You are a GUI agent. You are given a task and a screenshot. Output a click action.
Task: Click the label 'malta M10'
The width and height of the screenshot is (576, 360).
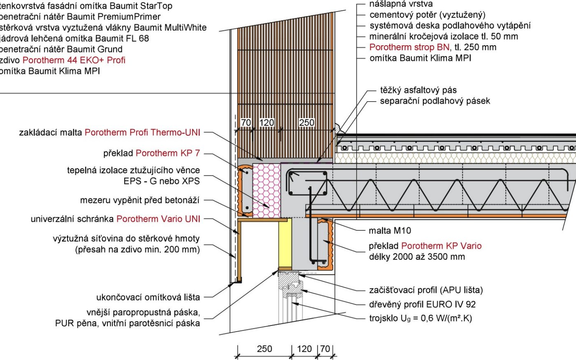pos(390,230)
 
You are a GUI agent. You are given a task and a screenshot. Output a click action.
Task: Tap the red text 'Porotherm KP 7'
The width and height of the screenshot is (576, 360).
pos(168,153)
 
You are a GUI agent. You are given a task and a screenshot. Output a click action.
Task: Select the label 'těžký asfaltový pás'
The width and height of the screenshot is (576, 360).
pos(418,90)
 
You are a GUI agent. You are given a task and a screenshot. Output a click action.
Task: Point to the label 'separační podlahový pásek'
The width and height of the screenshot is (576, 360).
pos(435,101)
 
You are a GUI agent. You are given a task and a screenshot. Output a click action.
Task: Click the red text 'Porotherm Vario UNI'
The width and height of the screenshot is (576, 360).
pos(158,219)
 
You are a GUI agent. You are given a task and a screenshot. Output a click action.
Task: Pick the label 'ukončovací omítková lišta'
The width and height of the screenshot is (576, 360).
pos(148,297)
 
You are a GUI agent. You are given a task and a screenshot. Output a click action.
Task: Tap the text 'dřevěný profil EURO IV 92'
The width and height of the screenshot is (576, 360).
pos(422,304)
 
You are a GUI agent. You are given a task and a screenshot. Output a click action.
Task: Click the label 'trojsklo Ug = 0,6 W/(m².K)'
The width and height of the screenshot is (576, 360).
pos(420,318)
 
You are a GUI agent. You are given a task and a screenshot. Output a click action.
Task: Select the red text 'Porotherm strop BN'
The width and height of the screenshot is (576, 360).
pos(409,47)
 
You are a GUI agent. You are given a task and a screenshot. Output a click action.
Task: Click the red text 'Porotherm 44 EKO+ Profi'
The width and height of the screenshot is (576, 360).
pos(74,60)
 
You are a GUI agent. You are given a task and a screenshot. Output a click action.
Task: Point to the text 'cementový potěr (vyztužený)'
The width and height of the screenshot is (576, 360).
pos(427,15)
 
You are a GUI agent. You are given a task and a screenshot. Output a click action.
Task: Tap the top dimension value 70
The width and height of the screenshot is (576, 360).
pos(246,123)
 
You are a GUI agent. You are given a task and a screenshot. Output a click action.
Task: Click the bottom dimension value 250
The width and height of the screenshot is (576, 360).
pos(264,349)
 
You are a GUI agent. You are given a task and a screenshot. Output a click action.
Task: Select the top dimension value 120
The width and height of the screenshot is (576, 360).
pos(267,123)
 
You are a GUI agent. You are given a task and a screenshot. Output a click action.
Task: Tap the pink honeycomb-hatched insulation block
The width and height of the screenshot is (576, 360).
pos(267,190)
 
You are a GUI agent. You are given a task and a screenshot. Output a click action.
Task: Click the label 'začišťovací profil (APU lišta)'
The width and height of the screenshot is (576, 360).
pos(426,290)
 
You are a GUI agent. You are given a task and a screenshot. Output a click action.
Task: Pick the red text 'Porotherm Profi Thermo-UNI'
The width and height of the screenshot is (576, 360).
pos(142,132)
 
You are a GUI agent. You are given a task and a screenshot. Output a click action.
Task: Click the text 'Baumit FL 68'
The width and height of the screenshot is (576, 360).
pos(122,39)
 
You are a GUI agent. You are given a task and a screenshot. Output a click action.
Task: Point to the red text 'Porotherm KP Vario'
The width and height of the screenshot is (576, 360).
pos(441,246)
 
